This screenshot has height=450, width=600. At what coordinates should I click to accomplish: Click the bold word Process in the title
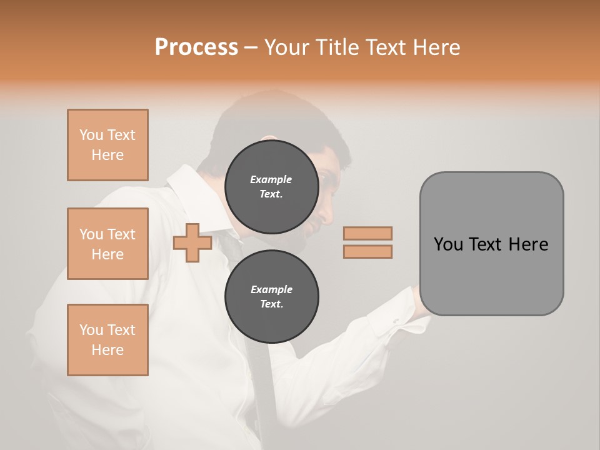click(196, 47)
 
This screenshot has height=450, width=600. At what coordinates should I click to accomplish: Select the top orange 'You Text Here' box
click(107, 145)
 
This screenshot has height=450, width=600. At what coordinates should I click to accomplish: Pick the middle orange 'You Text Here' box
click(107, 244)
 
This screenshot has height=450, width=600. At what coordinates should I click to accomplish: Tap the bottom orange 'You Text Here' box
click(107, 340)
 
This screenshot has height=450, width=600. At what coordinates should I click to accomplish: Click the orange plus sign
click(192, 243)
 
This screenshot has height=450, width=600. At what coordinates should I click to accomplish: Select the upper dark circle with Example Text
click(271, 187)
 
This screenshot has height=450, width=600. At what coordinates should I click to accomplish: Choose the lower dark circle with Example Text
click(271, 297)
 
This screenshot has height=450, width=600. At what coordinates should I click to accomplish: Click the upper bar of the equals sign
click(367, 233)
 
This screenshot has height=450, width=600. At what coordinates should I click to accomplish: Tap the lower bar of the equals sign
click(367, 251)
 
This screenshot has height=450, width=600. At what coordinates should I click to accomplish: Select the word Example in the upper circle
click(271, 179)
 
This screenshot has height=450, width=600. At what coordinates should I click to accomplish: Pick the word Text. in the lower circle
click(271, 304)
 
